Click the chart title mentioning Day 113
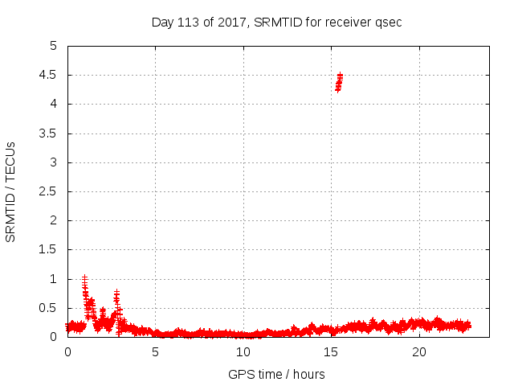point(276,22)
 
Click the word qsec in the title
point(388,22)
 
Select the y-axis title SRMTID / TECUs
point(11,191)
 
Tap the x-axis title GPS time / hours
point(276,374)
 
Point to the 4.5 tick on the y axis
point(49,75)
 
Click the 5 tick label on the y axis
point(53,46)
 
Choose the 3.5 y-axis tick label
point(49,133)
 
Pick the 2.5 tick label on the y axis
point(49,191)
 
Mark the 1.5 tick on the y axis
point(49,250)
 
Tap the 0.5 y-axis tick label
point(49,308)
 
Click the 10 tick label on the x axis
point(243,352)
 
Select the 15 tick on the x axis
point(331,352)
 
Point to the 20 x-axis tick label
point(419,352)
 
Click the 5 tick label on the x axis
point(155,352)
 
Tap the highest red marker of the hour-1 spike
point(84,277)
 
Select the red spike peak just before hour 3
point(116,293)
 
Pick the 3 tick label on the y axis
point(53,162)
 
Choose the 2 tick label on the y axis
point(53,220)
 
